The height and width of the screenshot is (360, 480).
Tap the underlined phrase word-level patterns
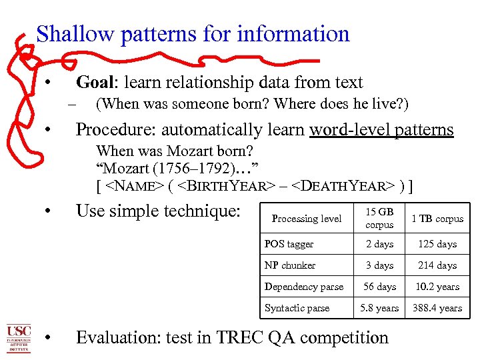381,129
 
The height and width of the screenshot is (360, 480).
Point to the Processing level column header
307,219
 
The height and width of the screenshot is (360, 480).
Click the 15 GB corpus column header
379,218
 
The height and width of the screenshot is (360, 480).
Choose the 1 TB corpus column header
437,219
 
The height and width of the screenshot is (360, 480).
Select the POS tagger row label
289,244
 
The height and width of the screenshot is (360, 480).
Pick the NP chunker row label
290,265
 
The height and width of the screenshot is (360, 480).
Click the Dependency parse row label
304,287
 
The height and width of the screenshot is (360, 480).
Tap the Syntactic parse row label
297,308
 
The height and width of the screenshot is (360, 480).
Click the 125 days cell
437,244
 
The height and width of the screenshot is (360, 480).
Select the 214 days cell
437,265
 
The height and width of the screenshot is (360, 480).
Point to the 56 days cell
379,287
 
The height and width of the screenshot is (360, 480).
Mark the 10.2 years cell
437,287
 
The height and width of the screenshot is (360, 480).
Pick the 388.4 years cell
437,308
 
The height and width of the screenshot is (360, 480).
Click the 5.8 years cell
379,308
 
